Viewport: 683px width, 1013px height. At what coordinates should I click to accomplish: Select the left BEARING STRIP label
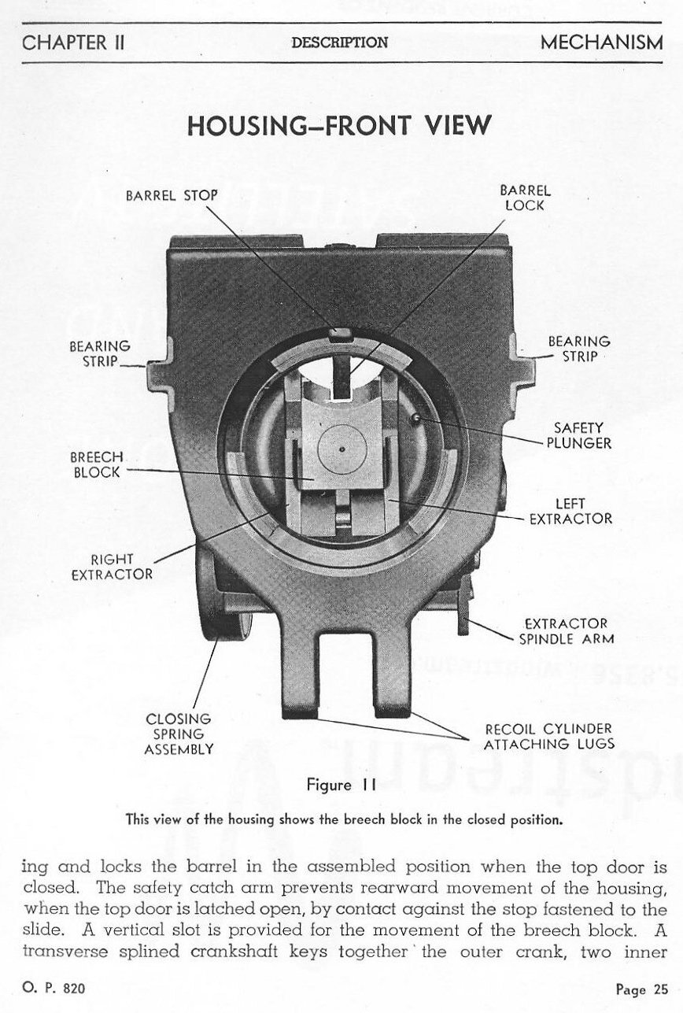point(99,353)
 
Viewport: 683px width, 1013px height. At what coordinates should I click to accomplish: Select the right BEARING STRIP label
point(579,349)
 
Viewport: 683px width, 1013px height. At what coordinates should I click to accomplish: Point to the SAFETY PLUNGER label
point(579,435)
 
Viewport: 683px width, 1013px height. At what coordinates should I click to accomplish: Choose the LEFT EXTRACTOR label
point(570,511)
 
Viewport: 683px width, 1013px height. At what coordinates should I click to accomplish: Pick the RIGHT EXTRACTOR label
point(112,566)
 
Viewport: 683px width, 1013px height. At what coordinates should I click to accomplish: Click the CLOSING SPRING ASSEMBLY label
point(179,734)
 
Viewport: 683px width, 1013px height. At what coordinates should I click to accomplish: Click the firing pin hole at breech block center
point(343,449)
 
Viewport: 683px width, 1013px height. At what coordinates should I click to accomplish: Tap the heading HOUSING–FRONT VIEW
point(340,124)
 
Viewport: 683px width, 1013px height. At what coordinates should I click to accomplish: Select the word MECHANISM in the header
point(601,43)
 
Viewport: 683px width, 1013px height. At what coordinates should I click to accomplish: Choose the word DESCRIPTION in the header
point(339,43)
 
